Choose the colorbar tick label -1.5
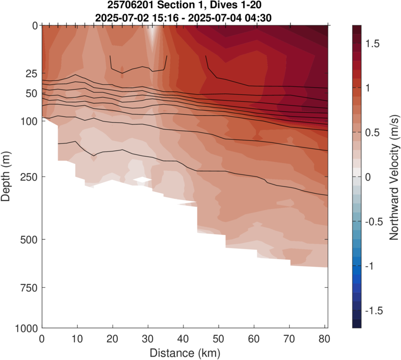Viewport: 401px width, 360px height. (x=373, y=311)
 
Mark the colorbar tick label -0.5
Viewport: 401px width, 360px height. (x=373, y=222)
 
